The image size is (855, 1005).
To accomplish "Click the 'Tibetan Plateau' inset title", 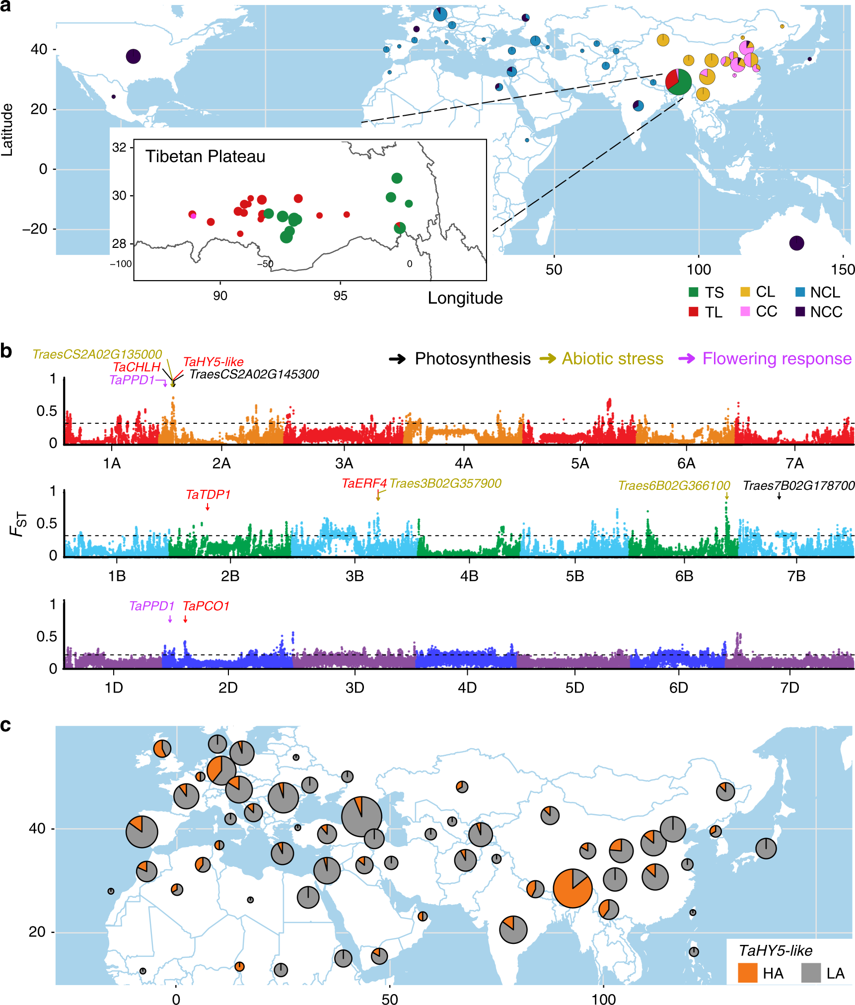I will click(205, 156).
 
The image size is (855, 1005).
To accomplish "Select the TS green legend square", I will click(694, 292).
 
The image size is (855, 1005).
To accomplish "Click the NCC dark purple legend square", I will click(800, 311).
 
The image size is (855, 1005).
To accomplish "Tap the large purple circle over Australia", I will click(796, 243).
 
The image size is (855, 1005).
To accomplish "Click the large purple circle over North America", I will click(133, 56).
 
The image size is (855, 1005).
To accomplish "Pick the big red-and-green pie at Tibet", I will click(678, 81).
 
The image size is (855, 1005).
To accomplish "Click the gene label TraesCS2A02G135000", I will click(97, 354).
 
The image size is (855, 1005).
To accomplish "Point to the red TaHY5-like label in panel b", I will click(213, 362).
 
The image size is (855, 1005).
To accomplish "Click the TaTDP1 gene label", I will click(208, 495).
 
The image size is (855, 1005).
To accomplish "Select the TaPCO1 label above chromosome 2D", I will click(206, 606).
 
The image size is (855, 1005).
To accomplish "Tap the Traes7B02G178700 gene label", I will click(798, 486).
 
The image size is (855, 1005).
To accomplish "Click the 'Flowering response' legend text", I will click(777, 359).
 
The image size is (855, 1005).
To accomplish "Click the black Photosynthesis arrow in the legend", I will click(397, 359).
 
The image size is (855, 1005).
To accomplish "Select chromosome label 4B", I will click(469, 576).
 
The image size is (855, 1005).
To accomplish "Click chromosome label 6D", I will click(678, 688).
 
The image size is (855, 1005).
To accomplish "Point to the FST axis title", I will click(18, 524).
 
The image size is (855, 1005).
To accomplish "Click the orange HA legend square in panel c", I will click(747, 973).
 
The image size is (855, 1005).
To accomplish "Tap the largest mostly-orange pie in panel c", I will click(572, 888).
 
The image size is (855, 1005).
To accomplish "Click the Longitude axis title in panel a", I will click(465, 298).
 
